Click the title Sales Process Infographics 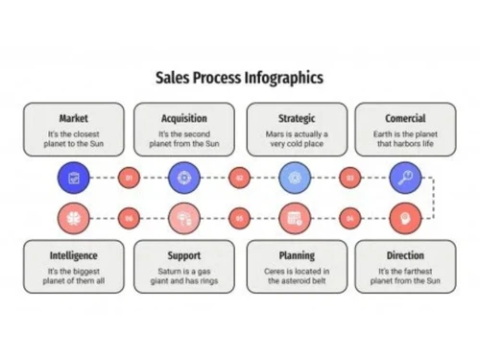[239, 78]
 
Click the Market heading [73, 119]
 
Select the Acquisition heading [183, 119]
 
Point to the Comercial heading [405, 119]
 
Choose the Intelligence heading [73, 256]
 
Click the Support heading [183, 256]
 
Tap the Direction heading [405, 256]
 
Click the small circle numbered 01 [129, 177]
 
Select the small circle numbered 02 [239, 177]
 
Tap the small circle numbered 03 [350, 177]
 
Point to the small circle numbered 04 [350, 217]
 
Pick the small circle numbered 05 [239, 217]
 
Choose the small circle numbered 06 [129, 217]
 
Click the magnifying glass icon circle [405, 177]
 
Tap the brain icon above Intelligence [73, 217]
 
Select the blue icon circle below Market [73, 177]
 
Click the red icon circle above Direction [405, 217]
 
